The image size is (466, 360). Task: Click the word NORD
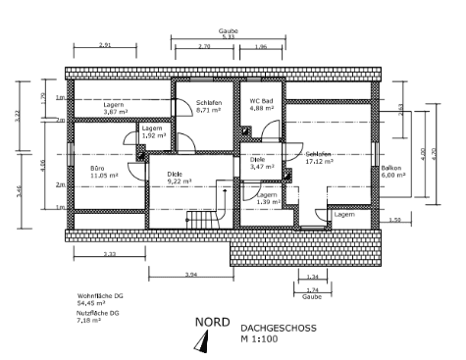tap(212, 321)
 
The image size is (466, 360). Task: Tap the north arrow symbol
tap(204, 340)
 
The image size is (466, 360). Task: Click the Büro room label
tap(97, 170)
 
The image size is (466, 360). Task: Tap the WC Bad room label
tap(260, 101)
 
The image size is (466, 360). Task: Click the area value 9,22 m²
tap(180, 181)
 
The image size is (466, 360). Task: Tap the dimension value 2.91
tap(105, 45)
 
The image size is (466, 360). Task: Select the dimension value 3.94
tap(189, 275)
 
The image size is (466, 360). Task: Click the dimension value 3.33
tap(110, 254)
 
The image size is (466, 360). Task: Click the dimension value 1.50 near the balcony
tap(394, 221)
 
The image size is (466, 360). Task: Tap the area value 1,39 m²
tap(268, 201)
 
